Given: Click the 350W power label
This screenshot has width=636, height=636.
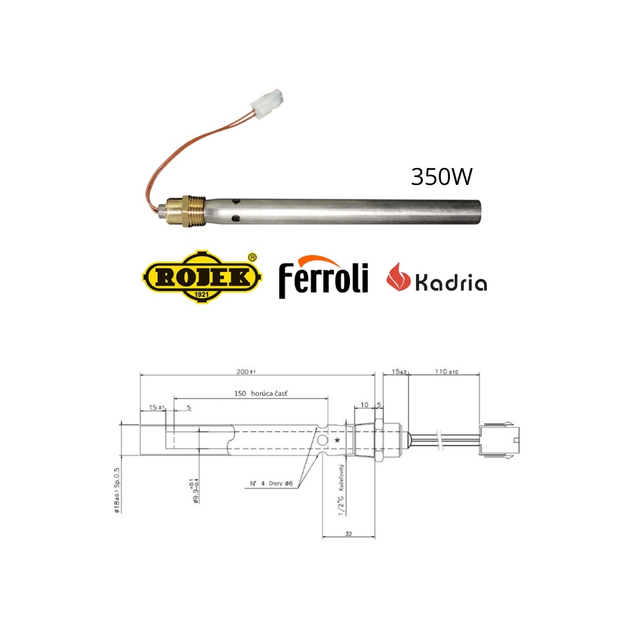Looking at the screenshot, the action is [x=442, y=177].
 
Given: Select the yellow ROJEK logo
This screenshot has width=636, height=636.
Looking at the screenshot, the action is [x=201, y=277].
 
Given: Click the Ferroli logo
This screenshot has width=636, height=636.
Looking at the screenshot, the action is [x=323, y=277].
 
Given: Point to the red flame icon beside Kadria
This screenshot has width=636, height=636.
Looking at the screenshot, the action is [x=398, y=277].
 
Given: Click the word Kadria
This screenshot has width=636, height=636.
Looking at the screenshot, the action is [x=451, y=282].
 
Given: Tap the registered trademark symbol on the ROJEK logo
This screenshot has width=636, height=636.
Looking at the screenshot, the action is [x=252, y=257].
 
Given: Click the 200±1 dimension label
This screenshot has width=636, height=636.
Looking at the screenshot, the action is [x=246, y=371].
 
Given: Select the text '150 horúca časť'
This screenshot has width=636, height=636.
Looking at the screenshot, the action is [x=261, y=393].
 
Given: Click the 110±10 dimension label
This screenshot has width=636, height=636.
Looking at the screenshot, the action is [x=446, y=371].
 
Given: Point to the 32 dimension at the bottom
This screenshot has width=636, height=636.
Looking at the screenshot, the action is [x=349, y=534].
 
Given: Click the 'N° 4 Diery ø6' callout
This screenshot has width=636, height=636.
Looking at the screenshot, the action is [x=271, y=483].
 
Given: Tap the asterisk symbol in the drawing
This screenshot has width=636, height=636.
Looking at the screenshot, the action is [x=337, y=440].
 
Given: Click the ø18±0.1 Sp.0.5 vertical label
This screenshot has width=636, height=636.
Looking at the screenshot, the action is [x=117, y=491].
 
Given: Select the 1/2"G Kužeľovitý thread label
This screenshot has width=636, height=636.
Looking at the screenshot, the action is [x=341, y=490].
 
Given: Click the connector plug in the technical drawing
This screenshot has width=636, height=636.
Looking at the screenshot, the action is [x=499, y=440].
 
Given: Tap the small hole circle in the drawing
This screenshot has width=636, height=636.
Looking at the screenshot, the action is [x=323, y=440].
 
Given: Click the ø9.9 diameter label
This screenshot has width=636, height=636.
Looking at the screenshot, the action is [x=194, y=491].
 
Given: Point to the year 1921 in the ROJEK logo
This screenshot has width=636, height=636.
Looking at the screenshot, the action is [x=201, y=294].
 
